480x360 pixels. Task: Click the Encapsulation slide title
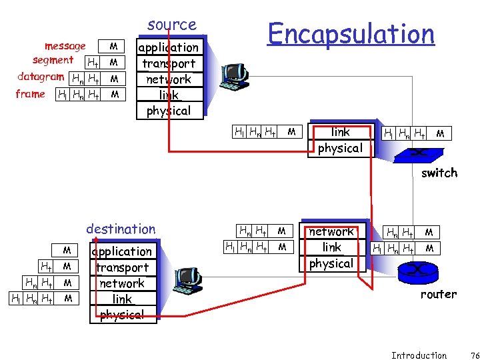point(351,33)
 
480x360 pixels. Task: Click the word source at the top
point(172,25)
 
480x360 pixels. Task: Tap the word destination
point(121,229)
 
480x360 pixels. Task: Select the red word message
point(65,46)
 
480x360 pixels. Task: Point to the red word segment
point(53,60)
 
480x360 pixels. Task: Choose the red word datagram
point(41,76)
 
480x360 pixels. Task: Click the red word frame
point(30,94)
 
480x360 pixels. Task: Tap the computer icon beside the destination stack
point(187,281)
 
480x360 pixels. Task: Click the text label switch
point(439,173)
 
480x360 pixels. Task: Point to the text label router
point(438,294)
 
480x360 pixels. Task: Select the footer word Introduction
point(419,355)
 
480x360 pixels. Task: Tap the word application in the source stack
point(168,47)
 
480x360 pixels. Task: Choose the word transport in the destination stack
point(122,267)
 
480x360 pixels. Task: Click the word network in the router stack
point(331,231)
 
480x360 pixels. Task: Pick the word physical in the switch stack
point(340,148)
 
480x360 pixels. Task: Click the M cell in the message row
point(114,46)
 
